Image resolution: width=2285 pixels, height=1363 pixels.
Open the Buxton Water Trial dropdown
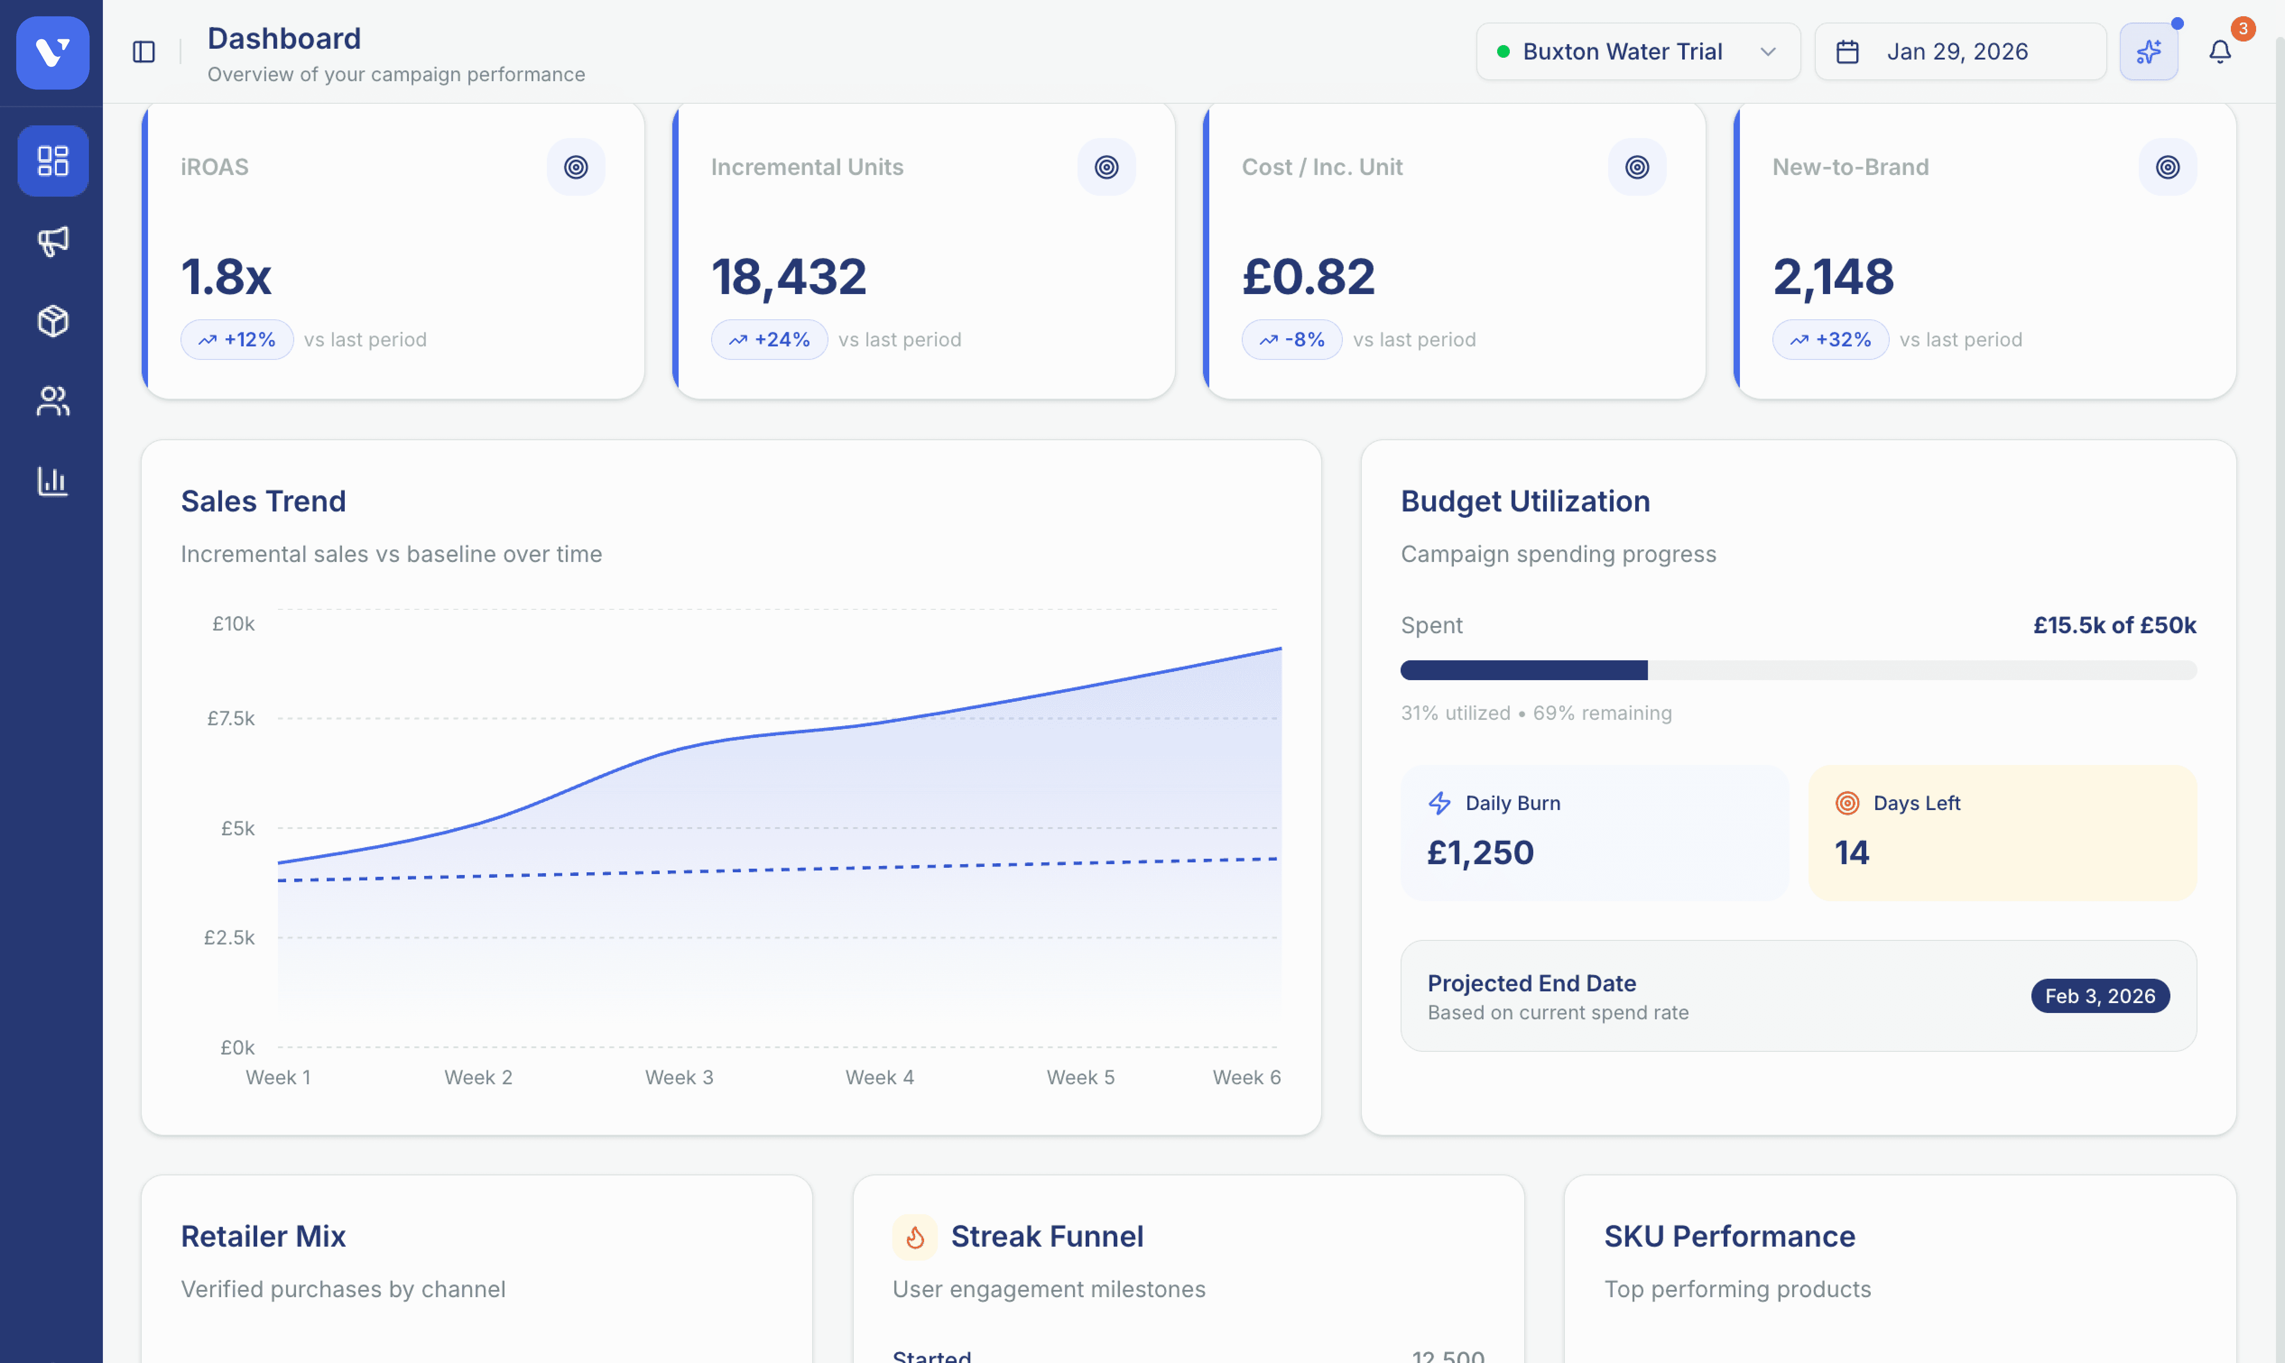(x=1637, y=51)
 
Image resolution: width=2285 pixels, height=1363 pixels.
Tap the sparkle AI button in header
(x=2148, y=51)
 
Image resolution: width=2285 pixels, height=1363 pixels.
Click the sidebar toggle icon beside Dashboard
(x=144, y=51)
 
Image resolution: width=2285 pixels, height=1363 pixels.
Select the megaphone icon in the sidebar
(x=52, y=242)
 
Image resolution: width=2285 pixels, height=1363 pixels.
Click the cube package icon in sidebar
(x=52, y=322)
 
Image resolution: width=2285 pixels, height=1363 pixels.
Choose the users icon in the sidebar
(x=52, y=401)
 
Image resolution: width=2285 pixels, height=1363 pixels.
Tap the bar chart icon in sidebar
(x=52, y=480)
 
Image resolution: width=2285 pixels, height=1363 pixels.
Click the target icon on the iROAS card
(x=576, y=167)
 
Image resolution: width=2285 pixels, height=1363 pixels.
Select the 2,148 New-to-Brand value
(x=1833, y=276)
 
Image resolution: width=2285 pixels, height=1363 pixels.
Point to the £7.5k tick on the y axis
(x=231, y=718)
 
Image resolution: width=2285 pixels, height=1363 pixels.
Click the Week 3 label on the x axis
(x=679, y=1078)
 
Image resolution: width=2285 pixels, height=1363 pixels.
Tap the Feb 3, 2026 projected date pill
(x=2100, y=995)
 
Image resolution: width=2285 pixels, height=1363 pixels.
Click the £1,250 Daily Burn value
(x=1480, y=852)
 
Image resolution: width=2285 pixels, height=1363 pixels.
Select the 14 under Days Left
(x=1851, y=852)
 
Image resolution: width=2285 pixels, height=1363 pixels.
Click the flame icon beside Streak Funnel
(x=914, y=1237)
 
